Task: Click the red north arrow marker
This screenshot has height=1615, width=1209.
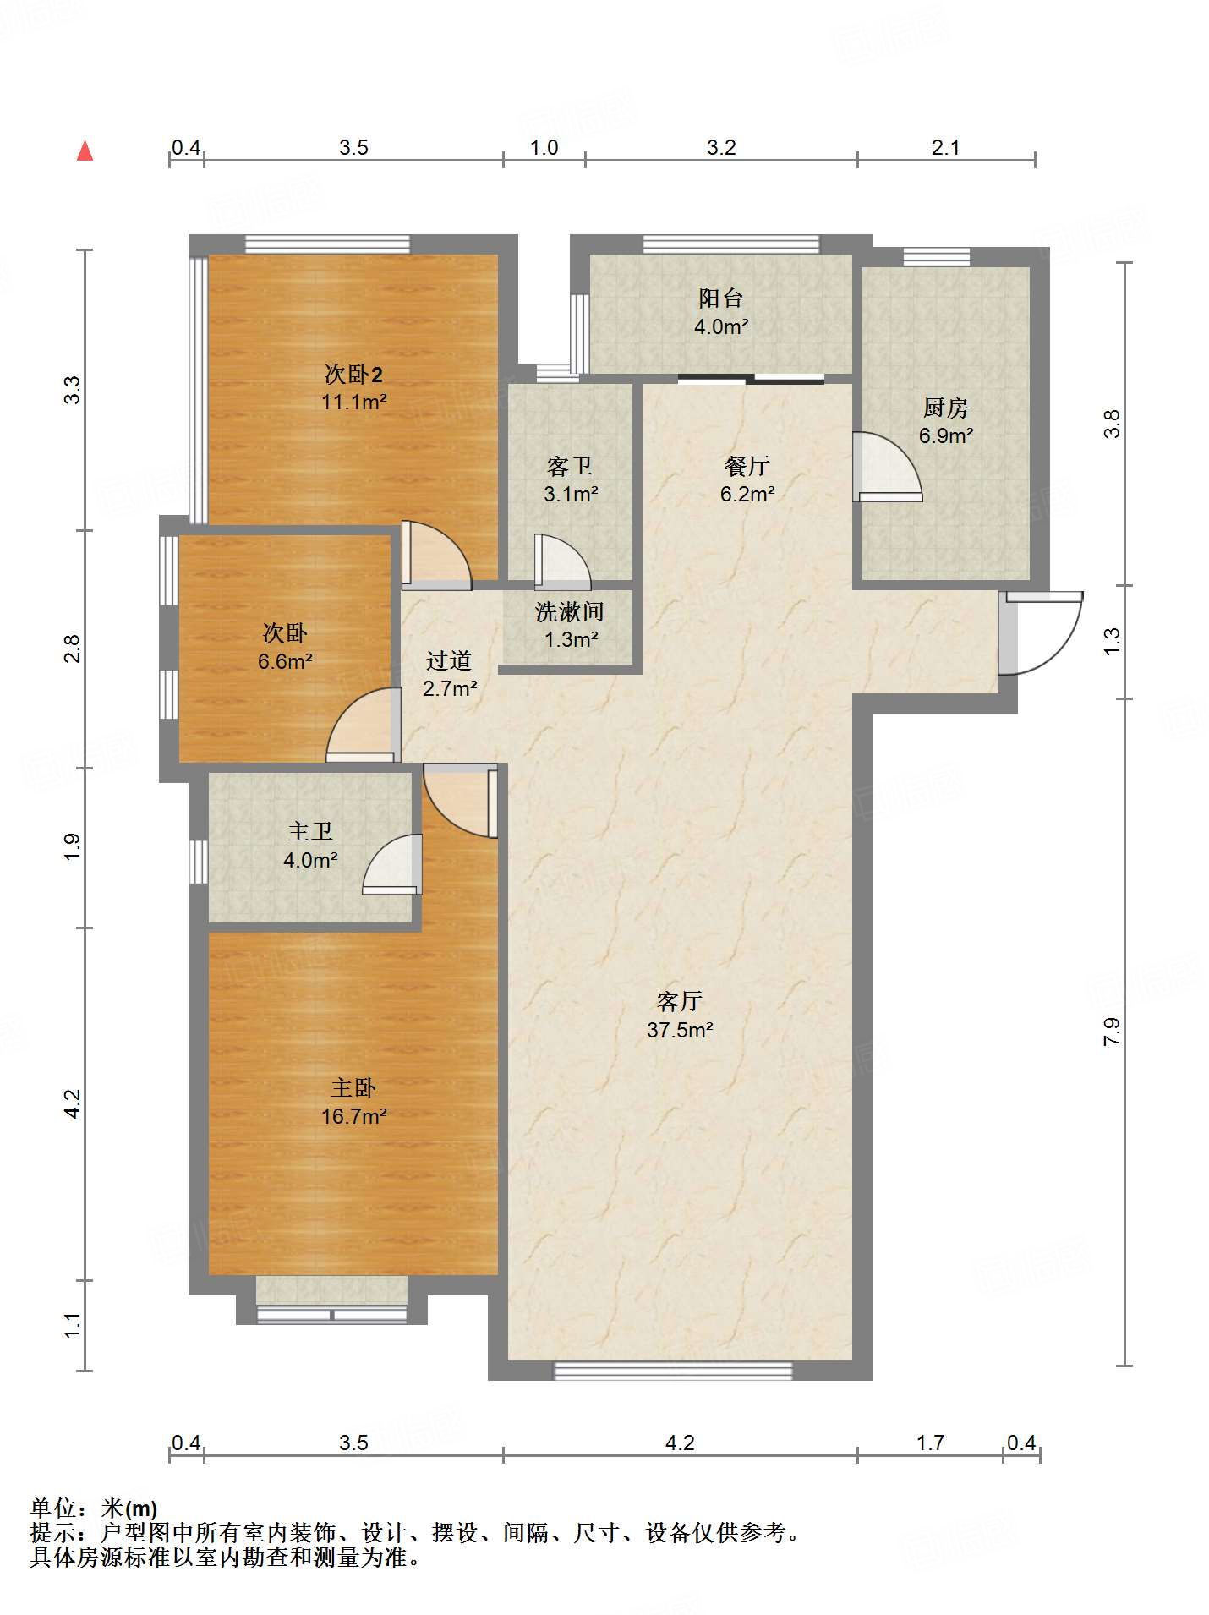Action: click(85, 151)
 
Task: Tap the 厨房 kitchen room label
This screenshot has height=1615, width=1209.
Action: click(945, 408)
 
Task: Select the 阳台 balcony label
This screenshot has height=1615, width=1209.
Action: click(721, 298)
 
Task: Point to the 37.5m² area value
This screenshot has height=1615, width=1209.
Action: click(680, 1030)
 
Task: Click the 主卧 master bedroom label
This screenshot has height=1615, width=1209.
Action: click(353, 1088)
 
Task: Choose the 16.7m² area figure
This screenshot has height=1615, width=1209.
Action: click(353, 1116)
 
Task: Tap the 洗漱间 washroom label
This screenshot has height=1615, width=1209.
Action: click(570, 611)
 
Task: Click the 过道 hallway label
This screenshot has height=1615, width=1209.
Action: click(449, 660)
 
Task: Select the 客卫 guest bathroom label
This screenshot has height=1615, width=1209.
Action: click(570, 466)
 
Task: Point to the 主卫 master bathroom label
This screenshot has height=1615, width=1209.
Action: click(310, 832)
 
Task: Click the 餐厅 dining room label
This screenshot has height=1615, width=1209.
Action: click(747, 466)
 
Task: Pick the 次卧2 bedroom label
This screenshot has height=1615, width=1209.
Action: click(353, 374)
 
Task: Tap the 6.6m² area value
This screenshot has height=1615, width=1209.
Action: click(285, 661)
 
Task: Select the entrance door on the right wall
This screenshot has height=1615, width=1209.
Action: click(1040, 632)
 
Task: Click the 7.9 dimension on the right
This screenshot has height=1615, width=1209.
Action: click(1112, 1032)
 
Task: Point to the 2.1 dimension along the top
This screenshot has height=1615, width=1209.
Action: click(945, 147)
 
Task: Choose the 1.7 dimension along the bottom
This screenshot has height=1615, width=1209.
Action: click(930, 1443)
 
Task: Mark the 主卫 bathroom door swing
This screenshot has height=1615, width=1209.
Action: click(392, 864)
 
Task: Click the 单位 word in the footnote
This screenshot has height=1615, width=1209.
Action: click(52, 1508)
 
